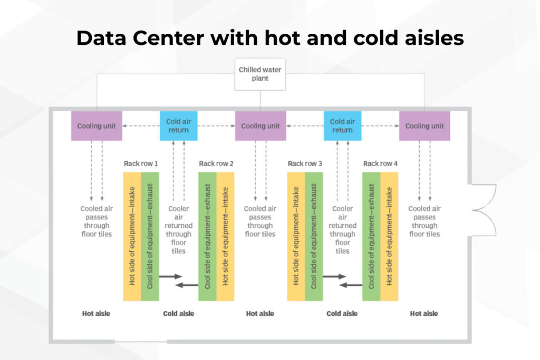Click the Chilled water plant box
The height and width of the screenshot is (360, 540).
click(261, 74)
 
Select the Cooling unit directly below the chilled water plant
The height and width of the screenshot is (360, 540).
click(261, 126)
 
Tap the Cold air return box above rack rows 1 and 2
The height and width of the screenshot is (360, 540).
click(178, 126)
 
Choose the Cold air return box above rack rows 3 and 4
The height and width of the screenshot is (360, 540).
click(342, 126)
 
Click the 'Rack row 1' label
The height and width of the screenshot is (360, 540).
click(141, 163)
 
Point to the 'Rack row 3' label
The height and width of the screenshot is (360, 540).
click(305, 163)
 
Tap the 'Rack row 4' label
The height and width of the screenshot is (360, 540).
click(380, 163)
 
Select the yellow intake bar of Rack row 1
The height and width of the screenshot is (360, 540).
click(132, 236)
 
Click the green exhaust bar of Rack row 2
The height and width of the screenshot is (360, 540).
click(207, 236)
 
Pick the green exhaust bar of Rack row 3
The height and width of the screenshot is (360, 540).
click(314, 236)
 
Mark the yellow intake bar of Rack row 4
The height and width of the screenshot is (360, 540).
click(389, 236)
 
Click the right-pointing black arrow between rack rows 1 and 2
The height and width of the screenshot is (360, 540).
click(170, 276)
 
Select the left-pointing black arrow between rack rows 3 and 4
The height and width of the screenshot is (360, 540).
click(351, 285)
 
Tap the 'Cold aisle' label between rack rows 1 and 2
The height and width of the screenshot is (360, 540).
click(178, 314)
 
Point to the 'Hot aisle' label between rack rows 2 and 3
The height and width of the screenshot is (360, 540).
click(260, 314)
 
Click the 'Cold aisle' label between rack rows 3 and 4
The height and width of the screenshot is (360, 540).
click(342, 314)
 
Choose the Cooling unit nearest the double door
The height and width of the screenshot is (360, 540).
click(425, 126)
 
